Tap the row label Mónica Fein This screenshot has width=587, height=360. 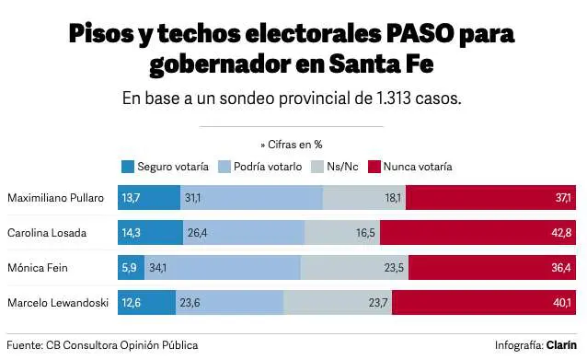[x=34, y=268]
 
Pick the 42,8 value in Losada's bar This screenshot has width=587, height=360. [x=561, y=233]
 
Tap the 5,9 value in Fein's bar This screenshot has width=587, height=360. [x=129, y=268]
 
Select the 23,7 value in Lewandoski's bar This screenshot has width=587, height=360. [x=378, y=303]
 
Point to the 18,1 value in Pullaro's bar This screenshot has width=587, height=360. [x=393, y=198]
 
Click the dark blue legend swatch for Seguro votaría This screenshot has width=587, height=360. [x=127, y=168]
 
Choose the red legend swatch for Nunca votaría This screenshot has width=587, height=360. [x=374, y=168]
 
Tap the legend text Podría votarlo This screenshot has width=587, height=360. [x=267, y=168]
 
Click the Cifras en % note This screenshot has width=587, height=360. [x=293, y=144]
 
